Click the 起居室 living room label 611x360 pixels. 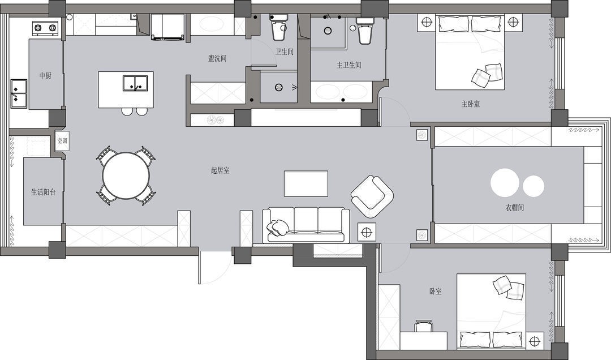pyautogui.click(x=220, y=170)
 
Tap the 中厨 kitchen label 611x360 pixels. pyautogui.click(x=45, y=76)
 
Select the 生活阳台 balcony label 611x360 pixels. pyautogui.click(x=43, y=192)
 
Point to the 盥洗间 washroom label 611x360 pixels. pyautogui.click(x=217, y=58)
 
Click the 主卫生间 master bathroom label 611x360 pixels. pyautogui.click(x=348, y=65)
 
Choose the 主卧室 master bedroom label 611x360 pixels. pyautogui.click(x=470, y=104)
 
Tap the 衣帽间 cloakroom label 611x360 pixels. pyautogui.click(x=514, y=208)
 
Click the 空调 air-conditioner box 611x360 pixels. pyautogui.click(x=62, y=140)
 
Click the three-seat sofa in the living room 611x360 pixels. pyautogui.click(x=306, y=225)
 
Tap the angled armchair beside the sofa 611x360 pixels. pyautogui.click(x=372, y=196)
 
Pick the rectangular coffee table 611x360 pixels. pyautogui.click(x=306, y=183)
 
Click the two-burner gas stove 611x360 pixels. pyautogui.click(x=45, y=28)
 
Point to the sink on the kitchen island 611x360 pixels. pyautogui.click(x=135, y=83)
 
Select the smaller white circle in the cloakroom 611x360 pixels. pyautogui.click(x=533, y=186)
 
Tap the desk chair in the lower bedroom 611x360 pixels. pyautogui.click(x=424, y=325)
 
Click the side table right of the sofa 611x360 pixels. pyautogui.click(x=367, y=232)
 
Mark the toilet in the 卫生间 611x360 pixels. pyautogui.click(x=278, y=27)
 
